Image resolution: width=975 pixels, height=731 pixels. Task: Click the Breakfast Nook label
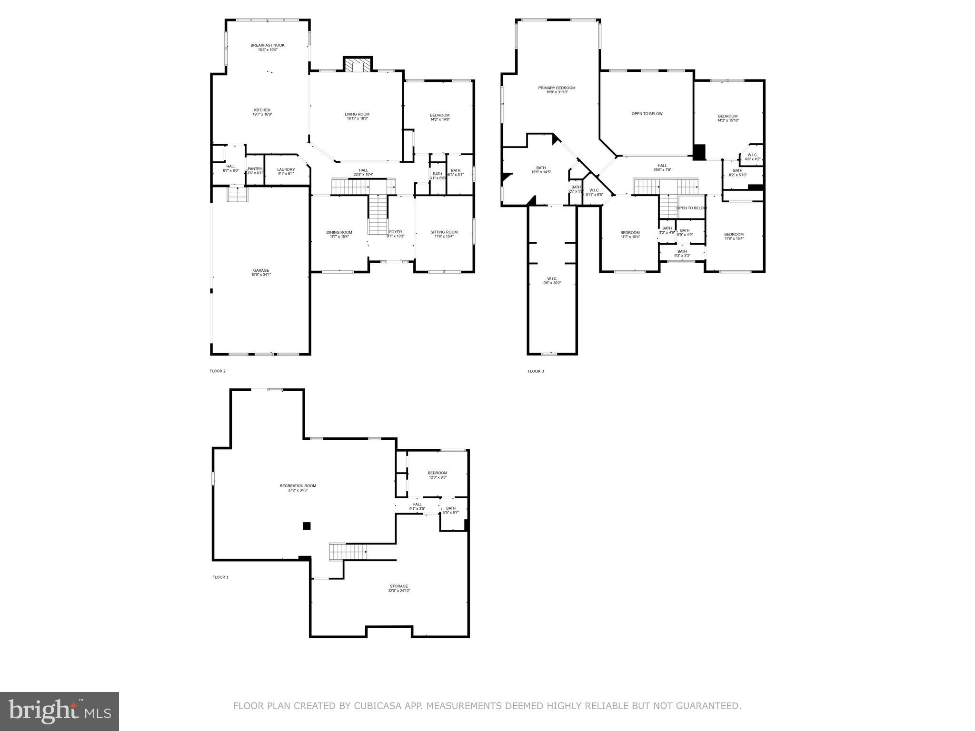tap(268, 46)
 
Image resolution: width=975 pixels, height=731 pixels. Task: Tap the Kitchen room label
tap(262, 110)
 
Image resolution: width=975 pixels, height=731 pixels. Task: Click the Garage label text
tap(261, 271)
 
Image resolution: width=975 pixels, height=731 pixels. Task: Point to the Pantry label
tap(255, 169)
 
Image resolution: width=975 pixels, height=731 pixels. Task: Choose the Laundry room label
tap(286, 170)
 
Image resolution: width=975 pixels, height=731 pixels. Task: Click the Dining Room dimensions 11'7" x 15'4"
tap(339, 237)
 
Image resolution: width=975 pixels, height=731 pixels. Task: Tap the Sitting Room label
tap(444, 233)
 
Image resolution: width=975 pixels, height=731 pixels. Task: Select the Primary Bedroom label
tap(557, 88)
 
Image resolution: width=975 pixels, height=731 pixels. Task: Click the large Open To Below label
tap(647, 114)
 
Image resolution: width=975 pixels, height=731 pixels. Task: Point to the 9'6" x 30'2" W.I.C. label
tap(552, 281)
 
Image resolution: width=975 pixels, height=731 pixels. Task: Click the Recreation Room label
tap(298, 486)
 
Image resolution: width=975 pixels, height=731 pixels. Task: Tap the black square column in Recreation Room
tap(307, 526)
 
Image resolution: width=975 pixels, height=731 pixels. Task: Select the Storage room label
tap(399, 586)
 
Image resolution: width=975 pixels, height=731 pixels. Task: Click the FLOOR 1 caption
tap(220, 577)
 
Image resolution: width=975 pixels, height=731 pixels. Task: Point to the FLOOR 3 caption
tap(536, 371)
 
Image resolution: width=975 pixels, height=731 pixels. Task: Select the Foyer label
tap(396, 232)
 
